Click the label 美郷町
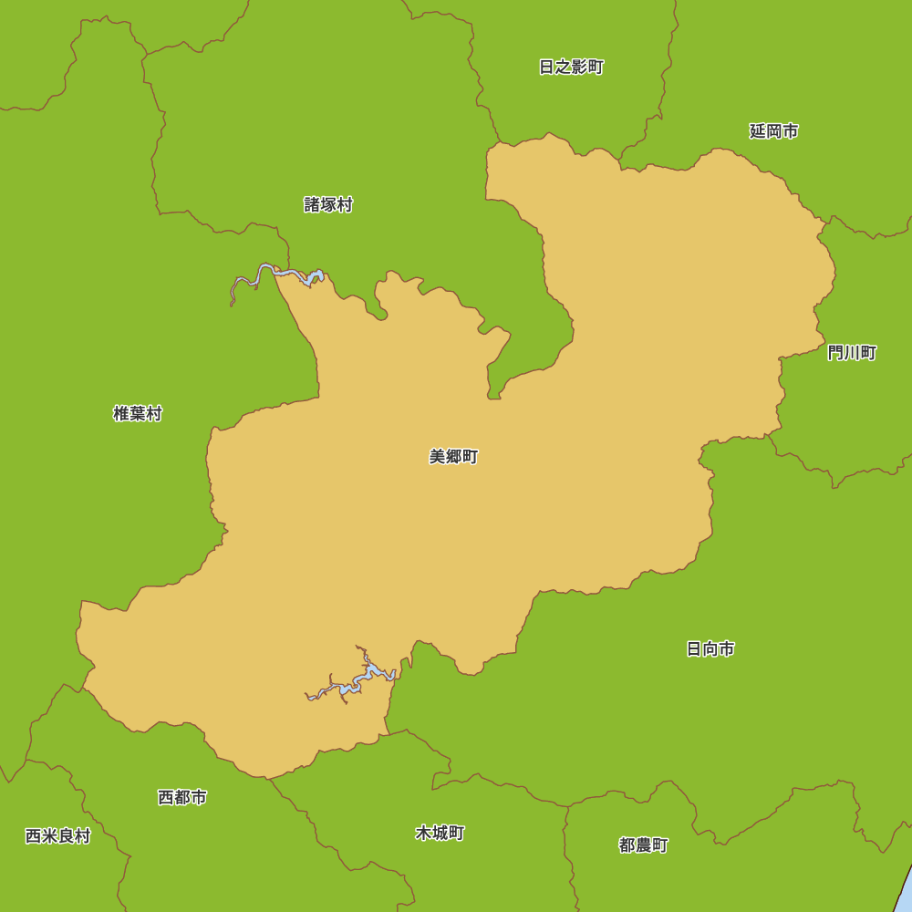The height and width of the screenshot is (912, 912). coord(453,457)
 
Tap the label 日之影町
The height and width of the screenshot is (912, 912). coord(571,67)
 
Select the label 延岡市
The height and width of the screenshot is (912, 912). coord(773,131)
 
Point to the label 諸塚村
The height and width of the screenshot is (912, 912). coord(328,205)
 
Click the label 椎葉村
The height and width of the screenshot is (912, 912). coord(137,414)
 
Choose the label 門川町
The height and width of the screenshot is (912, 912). coord(852,353)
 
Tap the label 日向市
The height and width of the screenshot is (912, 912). coord(710,649)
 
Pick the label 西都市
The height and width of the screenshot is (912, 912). coord(181,798)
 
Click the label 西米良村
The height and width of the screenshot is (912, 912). coord(57,836)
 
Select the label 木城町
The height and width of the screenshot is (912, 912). coord(440,834)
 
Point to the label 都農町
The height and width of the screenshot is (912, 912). coord(643,845)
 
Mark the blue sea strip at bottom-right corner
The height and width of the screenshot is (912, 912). coord(904,894)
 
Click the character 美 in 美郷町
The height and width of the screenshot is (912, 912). coord(437,457)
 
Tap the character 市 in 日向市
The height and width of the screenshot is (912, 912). coord(727,649)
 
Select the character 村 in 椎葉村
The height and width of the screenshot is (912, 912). coord(153,414)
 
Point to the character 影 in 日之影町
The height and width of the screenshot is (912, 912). coord(579,67)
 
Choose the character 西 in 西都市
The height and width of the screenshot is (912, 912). coord(165,798)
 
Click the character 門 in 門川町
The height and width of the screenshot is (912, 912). coord(835,353)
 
